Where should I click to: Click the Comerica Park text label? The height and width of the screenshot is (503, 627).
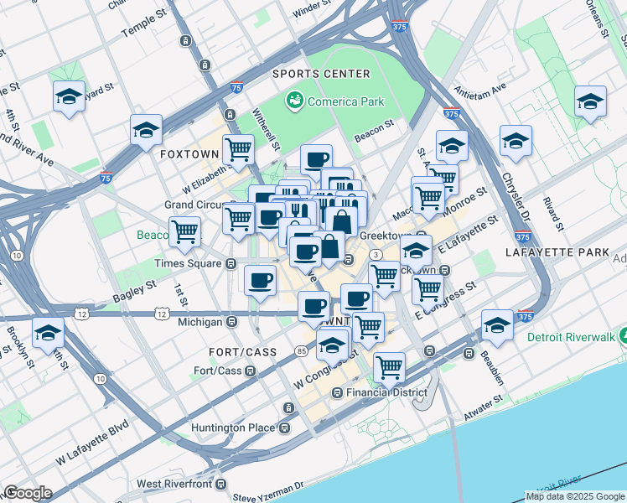(345, 101)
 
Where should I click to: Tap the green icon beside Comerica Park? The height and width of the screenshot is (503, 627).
(294, 101)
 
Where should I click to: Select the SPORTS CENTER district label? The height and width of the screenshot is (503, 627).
(321, 74)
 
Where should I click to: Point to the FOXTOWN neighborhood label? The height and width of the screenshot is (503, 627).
(189, 155)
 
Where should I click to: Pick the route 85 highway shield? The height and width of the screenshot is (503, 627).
(300, 350)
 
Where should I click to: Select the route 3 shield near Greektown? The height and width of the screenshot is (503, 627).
(377, 254)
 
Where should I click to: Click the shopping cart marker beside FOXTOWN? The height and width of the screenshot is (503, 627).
(239, 149)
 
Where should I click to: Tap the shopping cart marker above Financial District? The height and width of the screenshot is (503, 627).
(389, 366)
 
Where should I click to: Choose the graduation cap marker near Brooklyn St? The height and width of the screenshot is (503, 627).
(48, 333)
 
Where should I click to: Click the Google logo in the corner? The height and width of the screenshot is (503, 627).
(28, 493)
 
